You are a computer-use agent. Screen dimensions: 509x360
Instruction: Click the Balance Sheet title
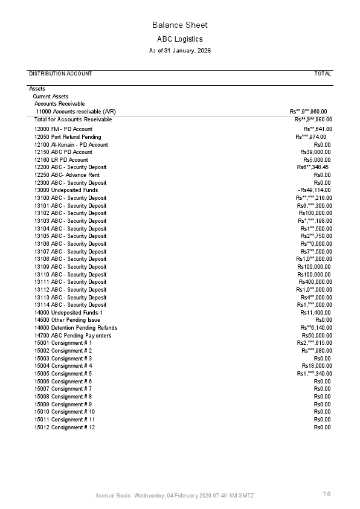179,25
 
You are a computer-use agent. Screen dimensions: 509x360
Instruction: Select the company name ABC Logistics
179,39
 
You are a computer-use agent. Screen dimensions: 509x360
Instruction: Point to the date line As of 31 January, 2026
179,51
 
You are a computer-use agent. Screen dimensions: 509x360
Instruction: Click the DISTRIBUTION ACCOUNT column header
60,74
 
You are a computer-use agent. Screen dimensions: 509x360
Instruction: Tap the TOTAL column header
323,74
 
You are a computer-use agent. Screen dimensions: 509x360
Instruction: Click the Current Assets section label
50,97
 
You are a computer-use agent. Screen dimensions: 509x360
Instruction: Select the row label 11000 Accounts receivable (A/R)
76,112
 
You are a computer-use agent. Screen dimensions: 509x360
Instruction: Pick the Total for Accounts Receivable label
73,120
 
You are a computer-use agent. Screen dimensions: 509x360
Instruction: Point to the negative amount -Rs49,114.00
314,190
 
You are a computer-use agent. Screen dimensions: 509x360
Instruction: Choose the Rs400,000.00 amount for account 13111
315,282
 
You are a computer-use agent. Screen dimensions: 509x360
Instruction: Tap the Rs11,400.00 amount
315,313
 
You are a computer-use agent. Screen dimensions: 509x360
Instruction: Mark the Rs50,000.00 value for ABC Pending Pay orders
317,336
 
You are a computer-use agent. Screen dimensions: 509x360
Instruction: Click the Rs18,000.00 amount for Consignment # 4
317,366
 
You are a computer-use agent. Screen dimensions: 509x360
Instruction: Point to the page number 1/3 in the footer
327,494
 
